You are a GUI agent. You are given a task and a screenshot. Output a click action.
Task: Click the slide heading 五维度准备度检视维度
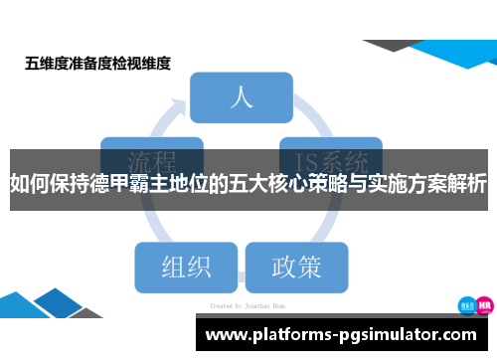click(97, 64)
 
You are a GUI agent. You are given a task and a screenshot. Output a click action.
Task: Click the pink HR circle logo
click(484, 305)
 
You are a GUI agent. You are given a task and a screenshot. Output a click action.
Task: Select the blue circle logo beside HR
click(464, 305)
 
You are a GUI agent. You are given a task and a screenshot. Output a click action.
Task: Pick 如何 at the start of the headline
click(28, 185)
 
